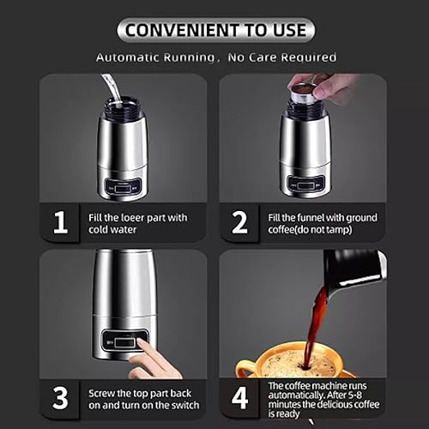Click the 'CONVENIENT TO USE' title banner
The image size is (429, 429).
coord(215,30)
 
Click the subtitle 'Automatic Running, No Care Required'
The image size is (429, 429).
coord(215,57)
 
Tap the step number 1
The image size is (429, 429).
coord(60,223)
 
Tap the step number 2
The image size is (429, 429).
coord(239,223)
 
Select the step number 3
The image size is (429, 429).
coord(60,398)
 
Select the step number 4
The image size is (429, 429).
coord(239,398)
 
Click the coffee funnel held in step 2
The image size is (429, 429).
coord(302,92)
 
